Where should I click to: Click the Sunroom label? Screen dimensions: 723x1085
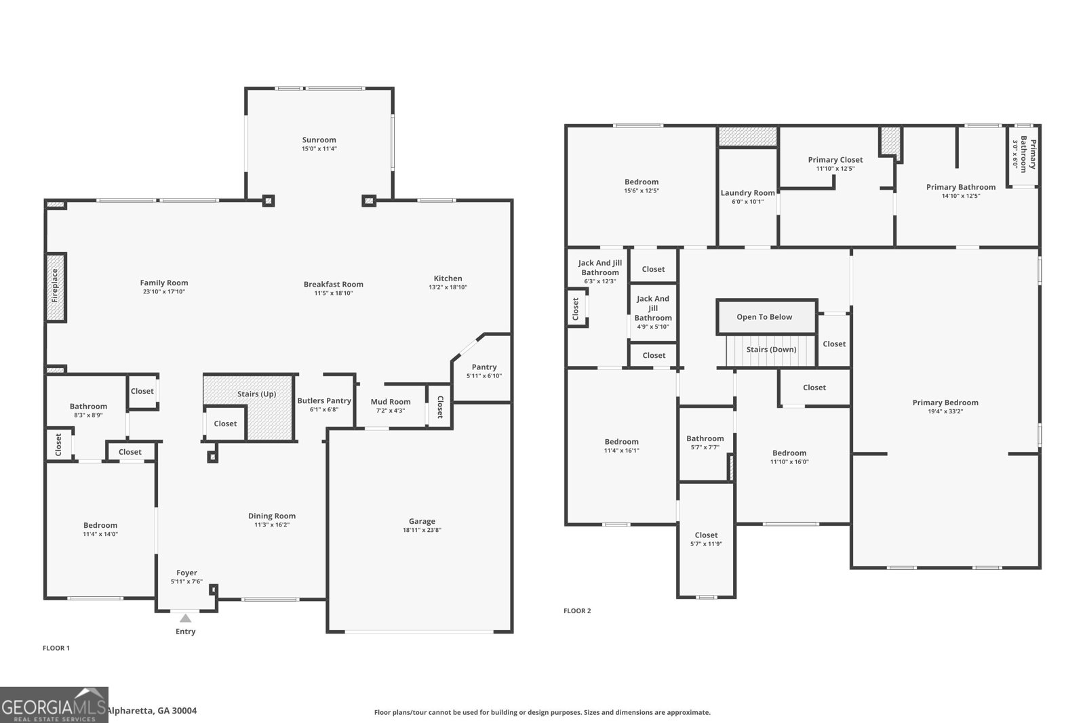(x=319, y=140)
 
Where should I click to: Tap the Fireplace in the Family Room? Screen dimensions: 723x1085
(x=56, y=287)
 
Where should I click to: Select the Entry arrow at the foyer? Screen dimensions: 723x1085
(x=185, y=619)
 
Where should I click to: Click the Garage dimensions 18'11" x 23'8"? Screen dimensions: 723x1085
(x=422, y=531)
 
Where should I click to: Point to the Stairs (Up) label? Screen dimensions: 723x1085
(x=256, y=394)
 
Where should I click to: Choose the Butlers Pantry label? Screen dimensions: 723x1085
(x=324, y=400)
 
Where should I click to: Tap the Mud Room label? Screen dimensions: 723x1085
(x=391, y=402)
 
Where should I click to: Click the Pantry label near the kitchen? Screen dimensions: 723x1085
(x=484, y=367)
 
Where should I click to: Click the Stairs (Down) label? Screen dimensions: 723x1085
(x=771, y=350)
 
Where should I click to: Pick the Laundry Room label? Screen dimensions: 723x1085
(x=747, y=193)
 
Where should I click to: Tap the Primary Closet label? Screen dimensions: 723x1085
(x=835, y=160)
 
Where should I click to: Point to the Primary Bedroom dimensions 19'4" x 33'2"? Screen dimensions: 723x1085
(x=945, y=411)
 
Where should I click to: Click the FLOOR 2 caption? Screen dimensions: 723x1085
(x=577, y=611)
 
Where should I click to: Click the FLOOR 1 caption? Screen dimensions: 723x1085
(x=56, y=648)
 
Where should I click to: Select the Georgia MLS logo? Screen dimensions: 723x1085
(x=54, y=705)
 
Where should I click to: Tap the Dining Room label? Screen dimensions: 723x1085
(x=271, y=516)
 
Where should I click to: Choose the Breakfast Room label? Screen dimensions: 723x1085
(x=333, y=284)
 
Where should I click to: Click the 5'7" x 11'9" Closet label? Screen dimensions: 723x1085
(x=706, y=535)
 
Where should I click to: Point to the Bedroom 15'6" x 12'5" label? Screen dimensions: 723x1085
(x=642, y=182)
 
